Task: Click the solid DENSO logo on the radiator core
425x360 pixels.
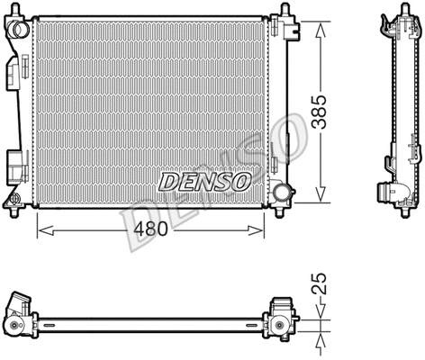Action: (204, 181)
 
